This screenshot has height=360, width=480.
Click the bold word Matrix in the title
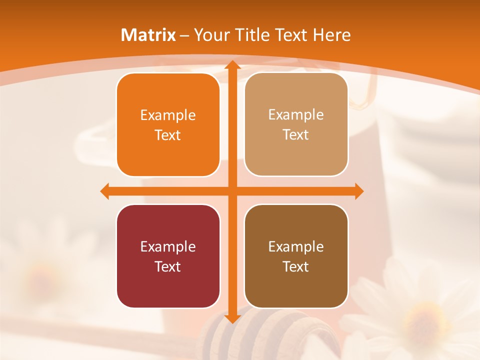point(148,35)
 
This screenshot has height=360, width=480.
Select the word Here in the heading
point(332,35)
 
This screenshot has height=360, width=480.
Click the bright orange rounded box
point(168,125)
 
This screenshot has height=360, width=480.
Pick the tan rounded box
point(296,124)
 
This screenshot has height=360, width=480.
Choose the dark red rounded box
point(168,256)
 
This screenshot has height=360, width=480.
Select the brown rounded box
point(296,256)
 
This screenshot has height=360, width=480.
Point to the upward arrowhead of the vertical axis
point(232,65)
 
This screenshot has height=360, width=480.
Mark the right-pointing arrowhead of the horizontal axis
point(358,191)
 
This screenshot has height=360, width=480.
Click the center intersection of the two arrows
point(232,191)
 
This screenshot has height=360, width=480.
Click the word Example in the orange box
point(168,115)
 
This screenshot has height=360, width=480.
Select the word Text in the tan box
point(296,135)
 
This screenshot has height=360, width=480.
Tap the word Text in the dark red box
point(168,266)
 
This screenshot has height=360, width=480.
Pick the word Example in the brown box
point(296,246)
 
